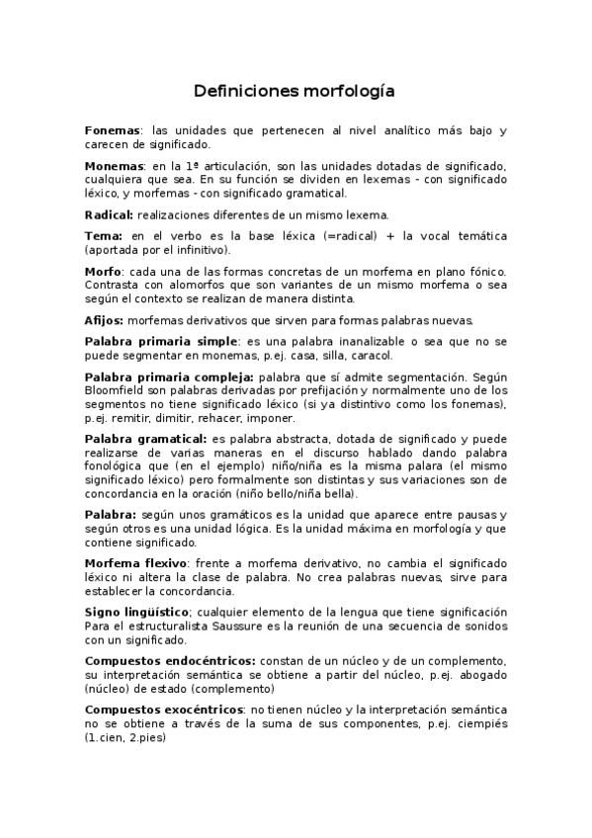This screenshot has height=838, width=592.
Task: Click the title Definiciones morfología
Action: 295,92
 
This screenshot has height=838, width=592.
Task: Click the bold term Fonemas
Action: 113,130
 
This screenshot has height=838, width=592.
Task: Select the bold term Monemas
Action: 115,165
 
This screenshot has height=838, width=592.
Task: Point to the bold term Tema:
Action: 104,236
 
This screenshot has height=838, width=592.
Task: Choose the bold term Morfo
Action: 103,271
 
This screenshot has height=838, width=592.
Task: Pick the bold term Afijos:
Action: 106,320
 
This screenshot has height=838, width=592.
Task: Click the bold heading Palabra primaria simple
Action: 161,341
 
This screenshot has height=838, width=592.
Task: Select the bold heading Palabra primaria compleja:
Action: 169,377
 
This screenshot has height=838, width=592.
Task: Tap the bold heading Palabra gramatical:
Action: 145,438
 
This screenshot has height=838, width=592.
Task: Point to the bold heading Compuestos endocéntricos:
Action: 170,660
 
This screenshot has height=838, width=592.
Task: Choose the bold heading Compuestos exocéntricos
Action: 164,710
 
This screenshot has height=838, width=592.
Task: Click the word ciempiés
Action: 478,724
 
